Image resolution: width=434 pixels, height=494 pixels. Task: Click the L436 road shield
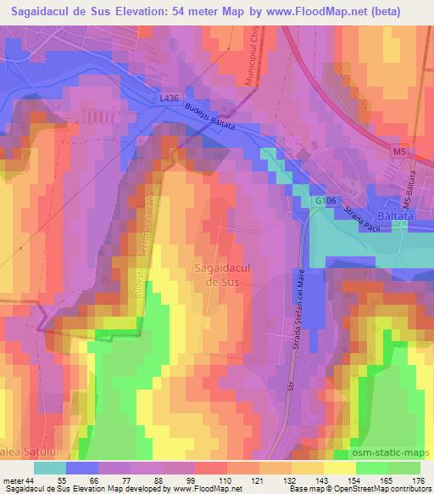[x=169, y=98]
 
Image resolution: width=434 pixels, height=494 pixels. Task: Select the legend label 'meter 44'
[x=20, y=480]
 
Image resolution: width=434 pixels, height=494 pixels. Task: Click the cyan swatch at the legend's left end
[x=50, y=467]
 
